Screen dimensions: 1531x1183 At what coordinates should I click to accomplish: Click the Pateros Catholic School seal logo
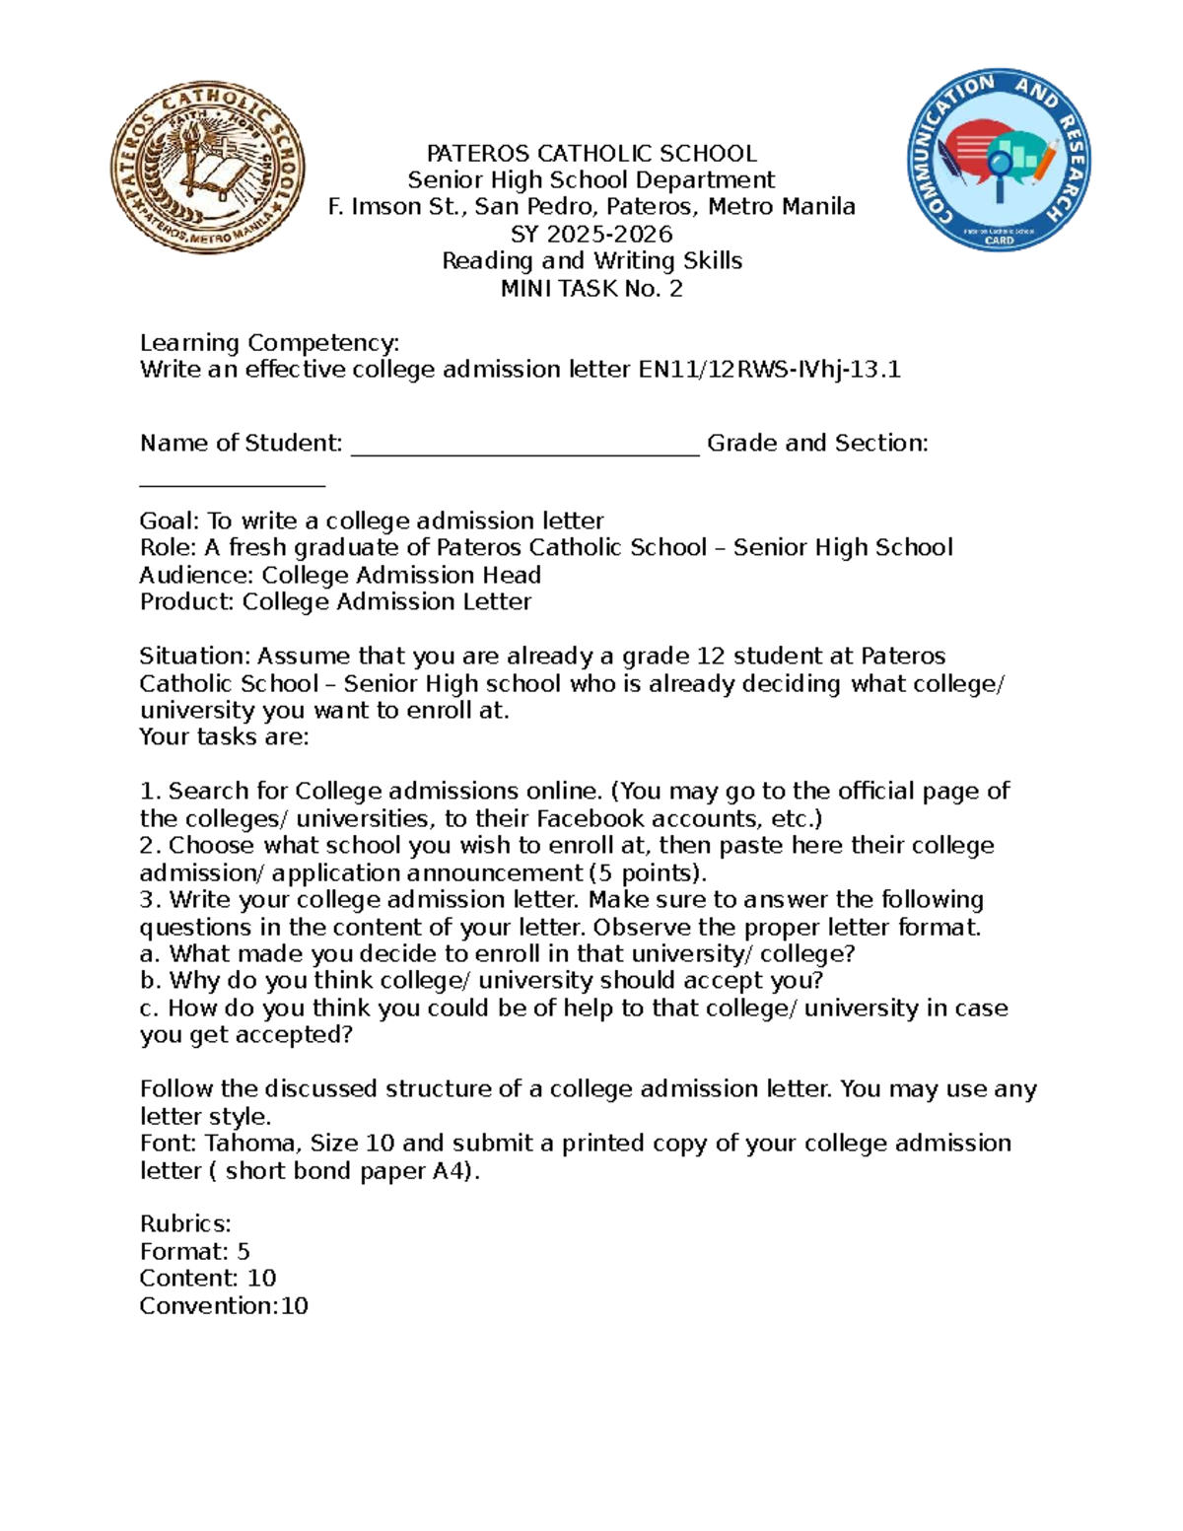pyautogui.click(x=207, y=168)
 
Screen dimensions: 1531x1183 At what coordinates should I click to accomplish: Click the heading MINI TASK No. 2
pyautogui.click(x=591, y=289)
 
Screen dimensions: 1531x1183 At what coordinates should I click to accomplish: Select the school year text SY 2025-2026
pyautogui.click(x=591, y=235)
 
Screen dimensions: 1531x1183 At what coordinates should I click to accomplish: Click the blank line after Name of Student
pyautogui.click(x=524, y=446)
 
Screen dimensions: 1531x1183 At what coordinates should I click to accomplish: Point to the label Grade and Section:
pyautogui.click(x=817, y=444)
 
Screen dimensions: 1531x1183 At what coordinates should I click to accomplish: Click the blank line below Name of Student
pyautogui.click(x=232, y=482)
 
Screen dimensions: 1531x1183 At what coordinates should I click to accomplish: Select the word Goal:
pyautogui.click(x=170, y=522)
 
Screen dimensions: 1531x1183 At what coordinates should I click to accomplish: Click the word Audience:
pyautogui.click(x=196, y=576)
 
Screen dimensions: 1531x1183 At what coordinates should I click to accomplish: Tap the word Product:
pyautogui.click(x=187, y=602)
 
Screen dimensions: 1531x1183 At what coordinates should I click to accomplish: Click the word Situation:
pyautogui.click(x=194, y=657)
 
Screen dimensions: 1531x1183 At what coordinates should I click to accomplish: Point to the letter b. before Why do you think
pyautogui.click(x=150, y=981)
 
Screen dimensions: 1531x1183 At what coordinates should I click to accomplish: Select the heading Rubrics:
pyautogui.click(x=185, y=1224)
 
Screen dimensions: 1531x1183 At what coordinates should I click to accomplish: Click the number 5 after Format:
pyautogui.click(x=244, y=1252)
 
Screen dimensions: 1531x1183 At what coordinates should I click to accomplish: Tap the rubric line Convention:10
pyautogui.click(x=224, y=1306)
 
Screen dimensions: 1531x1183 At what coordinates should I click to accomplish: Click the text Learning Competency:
pyautogui.click(x=269, y=343)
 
